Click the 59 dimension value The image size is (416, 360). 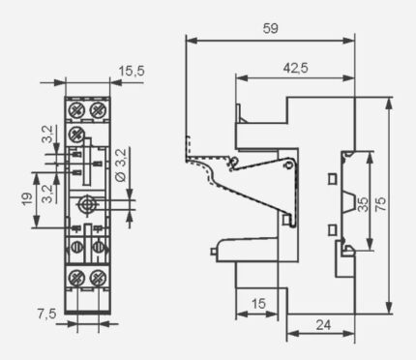[x=270, y=28]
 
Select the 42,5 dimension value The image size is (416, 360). [x=295, y=68]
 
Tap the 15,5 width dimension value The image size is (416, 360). [x=132, y=71]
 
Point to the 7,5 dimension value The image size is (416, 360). [x=47, y=314]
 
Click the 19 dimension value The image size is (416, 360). [x=28, y=199]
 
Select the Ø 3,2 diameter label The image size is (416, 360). [x=121, y=165]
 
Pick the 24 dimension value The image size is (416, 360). [x=323, y=325]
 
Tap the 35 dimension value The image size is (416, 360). [x=363, y=204]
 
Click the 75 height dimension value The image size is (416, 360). [x=380, y=204]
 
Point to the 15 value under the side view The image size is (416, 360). [x=258, y=304]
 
